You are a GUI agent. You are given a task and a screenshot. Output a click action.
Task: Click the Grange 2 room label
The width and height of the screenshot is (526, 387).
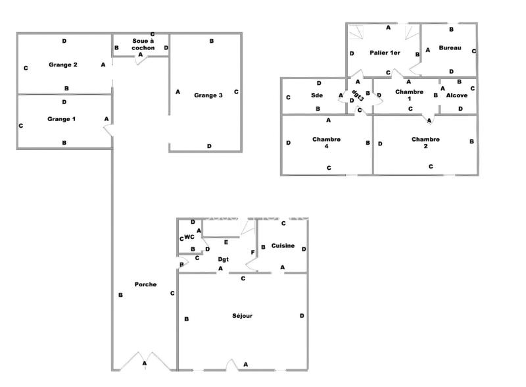coord(63,64)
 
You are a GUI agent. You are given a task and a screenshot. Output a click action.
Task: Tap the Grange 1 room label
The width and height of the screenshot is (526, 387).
coord(62,119)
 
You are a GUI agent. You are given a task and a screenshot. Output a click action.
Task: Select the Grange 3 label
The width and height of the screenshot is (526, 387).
coord(208,95)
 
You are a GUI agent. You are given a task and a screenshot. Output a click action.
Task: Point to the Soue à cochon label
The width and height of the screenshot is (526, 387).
coord(143,45)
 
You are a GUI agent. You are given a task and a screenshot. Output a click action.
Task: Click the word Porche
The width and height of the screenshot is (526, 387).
coord(145,284)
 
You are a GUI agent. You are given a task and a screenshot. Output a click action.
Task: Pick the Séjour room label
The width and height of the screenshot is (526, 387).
coord(242,316)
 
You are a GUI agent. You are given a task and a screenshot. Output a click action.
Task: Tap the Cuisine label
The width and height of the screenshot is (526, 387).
coord(283,245)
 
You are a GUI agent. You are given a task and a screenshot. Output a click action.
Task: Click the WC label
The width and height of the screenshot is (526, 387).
coord(189,237)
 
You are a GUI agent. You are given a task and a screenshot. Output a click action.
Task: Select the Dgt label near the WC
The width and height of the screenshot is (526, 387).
coord(222,259)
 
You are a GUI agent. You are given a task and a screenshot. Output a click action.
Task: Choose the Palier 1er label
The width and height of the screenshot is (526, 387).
coord(385,52)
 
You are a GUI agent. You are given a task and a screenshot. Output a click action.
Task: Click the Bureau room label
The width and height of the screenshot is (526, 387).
coord(450,48)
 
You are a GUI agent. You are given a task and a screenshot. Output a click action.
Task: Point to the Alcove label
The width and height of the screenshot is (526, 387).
coord(457,95)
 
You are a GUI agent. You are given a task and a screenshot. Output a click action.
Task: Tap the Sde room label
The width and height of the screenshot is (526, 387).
coord(318,95)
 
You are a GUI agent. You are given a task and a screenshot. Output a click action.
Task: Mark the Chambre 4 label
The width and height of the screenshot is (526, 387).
coord(326,143)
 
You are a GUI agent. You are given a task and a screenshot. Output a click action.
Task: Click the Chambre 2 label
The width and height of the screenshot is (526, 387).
coord(425,143)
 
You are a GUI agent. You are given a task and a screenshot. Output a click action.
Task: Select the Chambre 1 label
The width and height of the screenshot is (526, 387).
coord(409,95)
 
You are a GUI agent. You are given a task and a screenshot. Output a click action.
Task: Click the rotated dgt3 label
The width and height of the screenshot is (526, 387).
coord(358,96)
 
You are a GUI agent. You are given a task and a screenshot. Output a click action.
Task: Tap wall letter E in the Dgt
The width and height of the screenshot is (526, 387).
coord(226,243)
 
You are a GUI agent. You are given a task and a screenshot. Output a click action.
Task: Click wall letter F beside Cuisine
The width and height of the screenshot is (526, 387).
coord(252,253)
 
